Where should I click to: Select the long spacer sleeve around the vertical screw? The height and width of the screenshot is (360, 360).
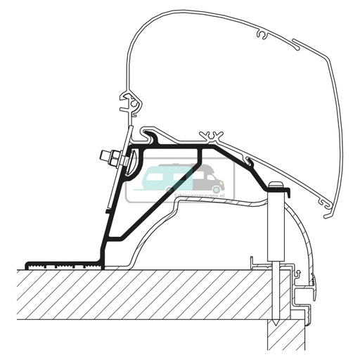(276, 225)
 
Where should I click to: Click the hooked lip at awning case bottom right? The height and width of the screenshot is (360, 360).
(326, 204)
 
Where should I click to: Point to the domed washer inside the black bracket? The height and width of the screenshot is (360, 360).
(134, 166)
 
